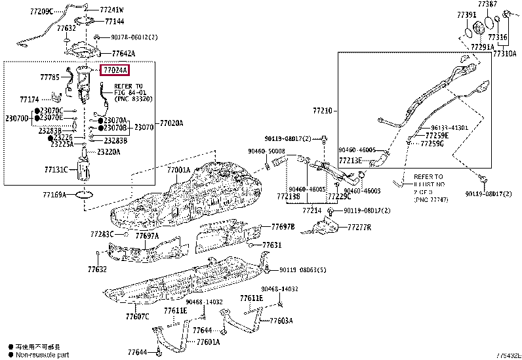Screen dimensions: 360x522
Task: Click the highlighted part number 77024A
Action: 115,70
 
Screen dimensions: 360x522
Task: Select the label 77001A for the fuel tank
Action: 178,170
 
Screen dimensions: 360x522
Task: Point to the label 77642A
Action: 123,53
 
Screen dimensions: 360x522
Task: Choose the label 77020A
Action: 172,123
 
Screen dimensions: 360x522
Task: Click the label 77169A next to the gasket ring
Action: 55,195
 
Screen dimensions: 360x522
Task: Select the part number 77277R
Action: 359,228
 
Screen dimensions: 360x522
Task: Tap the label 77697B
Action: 283,227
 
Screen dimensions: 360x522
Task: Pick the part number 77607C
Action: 137,317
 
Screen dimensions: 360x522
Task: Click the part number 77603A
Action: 281,321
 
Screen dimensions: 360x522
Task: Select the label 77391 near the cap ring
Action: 467,14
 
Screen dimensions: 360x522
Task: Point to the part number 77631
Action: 272,245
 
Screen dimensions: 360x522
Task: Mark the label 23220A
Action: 108,151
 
